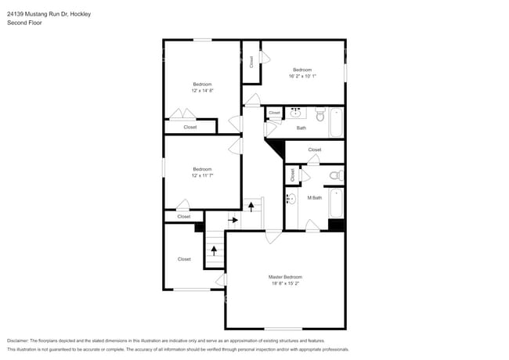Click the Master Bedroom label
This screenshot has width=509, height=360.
285,277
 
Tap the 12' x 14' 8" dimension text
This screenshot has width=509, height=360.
202,91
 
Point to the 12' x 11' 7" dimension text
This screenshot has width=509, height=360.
202,176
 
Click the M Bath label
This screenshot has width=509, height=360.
314,197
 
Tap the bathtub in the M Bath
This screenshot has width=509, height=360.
337,203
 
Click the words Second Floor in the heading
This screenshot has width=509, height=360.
25,23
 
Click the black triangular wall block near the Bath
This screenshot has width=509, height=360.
276,146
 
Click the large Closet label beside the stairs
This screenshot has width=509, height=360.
184,259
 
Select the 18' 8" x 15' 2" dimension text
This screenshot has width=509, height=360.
285,285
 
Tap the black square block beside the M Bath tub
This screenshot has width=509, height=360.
336,225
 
